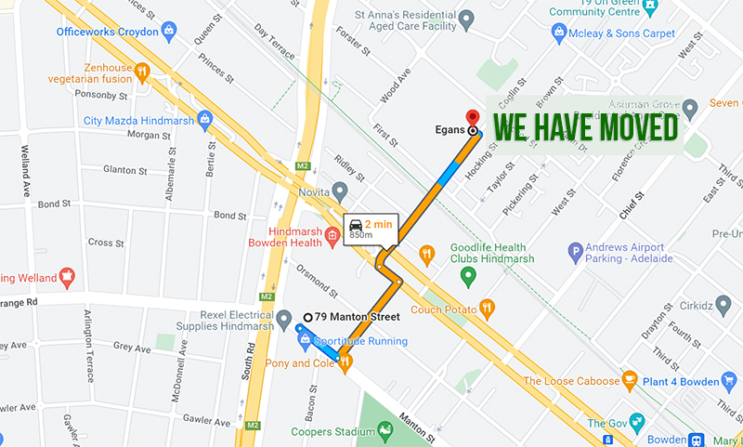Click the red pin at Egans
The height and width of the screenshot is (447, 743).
coord(472,118)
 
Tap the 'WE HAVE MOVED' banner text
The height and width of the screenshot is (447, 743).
coord(584,128)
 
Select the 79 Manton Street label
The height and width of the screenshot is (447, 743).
coord(357,317)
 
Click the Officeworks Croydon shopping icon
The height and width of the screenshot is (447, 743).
coord(169,31)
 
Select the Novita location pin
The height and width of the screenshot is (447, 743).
coord(341,191)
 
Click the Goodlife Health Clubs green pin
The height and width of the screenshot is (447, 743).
coord(469,275)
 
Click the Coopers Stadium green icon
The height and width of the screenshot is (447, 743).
coord(385,429)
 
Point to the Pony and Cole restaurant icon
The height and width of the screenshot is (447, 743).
coord(345,362)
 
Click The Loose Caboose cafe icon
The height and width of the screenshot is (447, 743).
coord(630,380)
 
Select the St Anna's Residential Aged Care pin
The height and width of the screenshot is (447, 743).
coord(466,19)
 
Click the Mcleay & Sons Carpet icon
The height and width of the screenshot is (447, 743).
coord(559,33)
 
